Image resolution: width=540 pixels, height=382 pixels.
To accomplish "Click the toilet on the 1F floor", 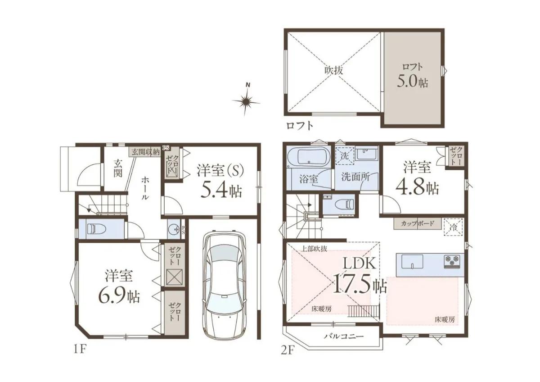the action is click(x=96, y=228).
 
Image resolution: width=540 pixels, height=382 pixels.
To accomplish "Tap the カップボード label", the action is click(x=418, y=223).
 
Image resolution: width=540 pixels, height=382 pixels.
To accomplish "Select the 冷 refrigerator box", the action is click(x=454, y=227).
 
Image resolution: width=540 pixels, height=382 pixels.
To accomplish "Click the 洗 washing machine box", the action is click(x=345, y=156).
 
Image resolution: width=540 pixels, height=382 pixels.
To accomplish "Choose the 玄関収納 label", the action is click(x=145, y=152).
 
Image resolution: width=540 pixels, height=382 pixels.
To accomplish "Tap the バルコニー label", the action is click(x=344, y=336).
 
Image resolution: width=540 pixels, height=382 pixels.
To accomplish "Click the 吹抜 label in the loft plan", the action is click(x=333, y=70).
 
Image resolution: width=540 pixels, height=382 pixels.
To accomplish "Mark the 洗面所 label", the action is click(x=355, y=177).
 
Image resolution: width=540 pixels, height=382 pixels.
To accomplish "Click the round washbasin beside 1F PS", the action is click(x=173, y=228).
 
